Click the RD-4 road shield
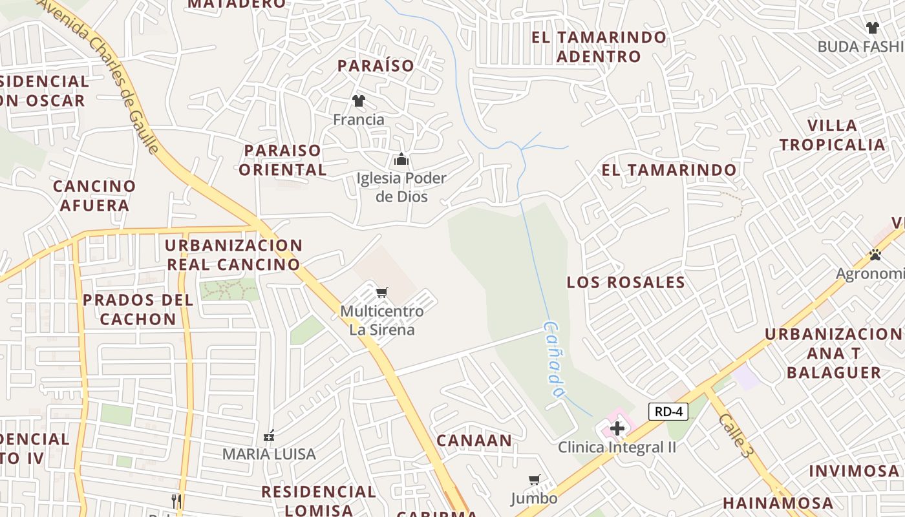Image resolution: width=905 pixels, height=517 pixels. [x=668, y=412]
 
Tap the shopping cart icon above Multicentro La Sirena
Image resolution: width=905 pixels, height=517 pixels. [x=382, y=293]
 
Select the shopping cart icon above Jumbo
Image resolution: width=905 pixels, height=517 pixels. [x=534, y=480]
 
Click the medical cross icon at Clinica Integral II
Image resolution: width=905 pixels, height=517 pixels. [x=617, y=428]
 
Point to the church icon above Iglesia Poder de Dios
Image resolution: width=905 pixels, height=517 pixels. [x=401, y=159]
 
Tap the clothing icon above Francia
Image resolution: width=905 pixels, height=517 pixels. [x=359, y=101]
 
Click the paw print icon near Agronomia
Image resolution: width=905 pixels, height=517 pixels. [x=875, y=255]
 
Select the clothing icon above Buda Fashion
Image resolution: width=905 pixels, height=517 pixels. [x=873, y=28]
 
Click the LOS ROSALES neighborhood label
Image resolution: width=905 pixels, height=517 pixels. [x=626, y=282]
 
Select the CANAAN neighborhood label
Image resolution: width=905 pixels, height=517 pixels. [x=474, y=441]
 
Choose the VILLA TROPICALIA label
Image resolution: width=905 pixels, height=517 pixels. [x=832, y=135]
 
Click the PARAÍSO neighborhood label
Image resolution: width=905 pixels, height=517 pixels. [x=376, y=66]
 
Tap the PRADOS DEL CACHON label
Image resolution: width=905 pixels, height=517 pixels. [x=138, y=310]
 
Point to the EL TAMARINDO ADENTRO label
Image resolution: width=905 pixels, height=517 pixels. [x=599, y=47]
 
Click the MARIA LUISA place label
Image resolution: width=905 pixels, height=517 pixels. [x=269, y=454]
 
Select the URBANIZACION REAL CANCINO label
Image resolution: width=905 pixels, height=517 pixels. [x=233, y=255]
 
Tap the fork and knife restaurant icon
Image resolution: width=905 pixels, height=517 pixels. [x=176, y=500]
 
